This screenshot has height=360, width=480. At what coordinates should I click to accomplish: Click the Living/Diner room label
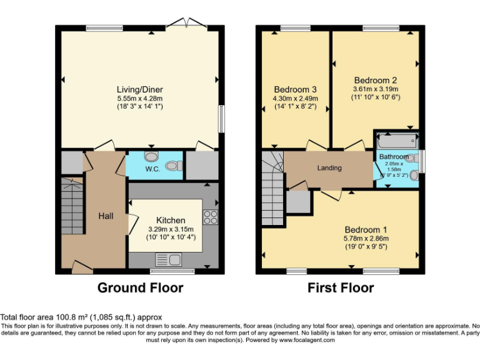pos(140,89)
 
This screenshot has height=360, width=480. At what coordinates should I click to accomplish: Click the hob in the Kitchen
pos(211,218)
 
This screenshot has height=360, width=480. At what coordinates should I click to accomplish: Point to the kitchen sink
pos(168,259)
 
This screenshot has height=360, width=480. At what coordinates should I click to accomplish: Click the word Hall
pos(106,216)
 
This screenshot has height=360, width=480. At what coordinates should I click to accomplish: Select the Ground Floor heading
pos(140,288)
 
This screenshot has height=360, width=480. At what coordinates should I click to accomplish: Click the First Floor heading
pos(341,288)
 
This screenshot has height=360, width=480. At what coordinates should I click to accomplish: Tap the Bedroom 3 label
pos(296,88)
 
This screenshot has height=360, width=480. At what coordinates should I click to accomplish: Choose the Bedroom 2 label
pos(376,80)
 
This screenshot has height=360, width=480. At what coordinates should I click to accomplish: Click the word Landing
pos(329,168)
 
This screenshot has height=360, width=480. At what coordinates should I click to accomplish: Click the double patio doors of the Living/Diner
pos(189,24)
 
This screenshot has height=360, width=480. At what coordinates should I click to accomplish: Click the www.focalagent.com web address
pos(312,341)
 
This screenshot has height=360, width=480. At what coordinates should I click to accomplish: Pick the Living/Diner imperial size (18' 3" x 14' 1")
pos(140,106)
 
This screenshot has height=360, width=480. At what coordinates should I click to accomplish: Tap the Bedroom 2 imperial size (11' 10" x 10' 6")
pos(376,97)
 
